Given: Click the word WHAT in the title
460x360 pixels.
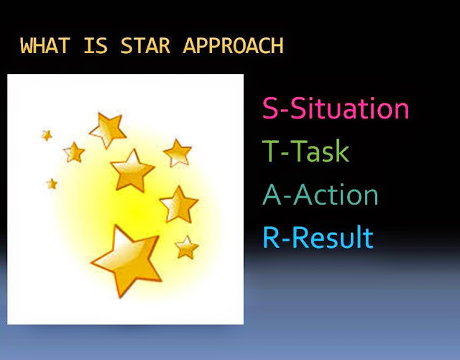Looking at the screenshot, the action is (x=45, y=46).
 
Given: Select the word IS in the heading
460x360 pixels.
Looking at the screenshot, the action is (x=96, y=46).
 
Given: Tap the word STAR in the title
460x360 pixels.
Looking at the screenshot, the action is (x=145, y=46).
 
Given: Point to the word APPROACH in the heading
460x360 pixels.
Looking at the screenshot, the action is (x=233, y=46).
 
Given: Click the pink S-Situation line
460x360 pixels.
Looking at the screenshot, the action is (x=336, y=108).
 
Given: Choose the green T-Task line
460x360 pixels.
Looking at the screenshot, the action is (x=305, y=150).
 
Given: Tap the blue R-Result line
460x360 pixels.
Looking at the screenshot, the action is (x=318, y=237).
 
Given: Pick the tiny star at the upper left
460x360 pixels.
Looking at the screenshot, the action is (x=47, y=135).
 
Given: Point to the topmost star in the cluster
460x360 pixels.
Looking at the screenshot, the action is (x=108, y=129).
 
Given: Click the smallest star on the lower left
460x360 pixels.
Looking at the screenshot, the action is (x=52, y=184).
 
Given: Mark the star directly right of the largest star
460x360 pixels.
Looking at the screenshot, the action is (x=187, y=248).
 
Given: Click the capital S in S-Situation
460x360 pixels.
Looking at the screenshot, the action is (x=270, y=108).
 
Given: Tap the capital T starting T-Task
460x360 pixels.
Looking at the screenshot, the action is (x=270, y=150).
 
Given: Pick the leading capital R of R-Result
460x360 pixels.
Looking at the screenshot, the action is (x=270, y=237).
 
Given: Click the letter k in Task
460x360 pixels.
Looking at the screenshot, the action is (x=342, y=150).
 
